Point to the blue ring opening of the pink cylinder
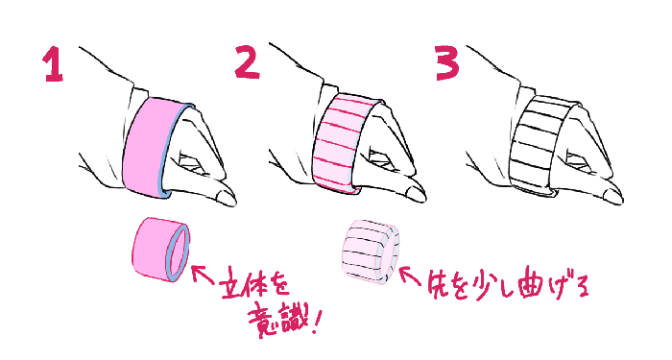(x=179, y=253)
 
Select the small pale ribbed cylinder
(x=371, y=252)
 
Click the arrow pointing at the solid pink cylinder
(x=203, y=275)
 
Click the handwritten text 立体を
(x=253, y=288)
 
